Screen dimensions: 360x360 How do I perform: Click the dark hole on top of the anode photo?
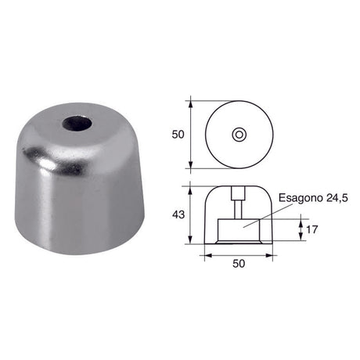[x=77, y=123]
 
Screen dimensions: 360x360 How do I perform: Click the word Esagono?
[x=301, y=198]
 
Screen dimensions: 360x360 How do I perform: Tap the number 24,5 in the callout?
[x=337, y=198]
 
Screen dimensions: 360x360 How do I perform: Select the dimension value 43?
[x=178, y=214]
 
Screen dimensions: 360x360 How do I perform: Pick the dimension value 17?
[x=312, y=229]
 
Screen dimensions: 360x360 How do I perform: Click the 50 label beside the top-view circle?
[x=178, y=135]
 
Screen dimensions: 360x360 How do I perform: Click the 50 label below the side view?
[x=239, y=264]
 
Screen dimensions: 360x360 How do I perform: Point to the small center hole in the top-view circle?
[x=239, y=135]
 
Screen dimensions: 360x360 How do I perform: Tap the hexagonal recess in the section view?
[x=239, y=230]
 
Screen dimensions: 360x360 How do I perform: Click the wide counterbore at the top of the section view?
[x=239, y=193]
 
